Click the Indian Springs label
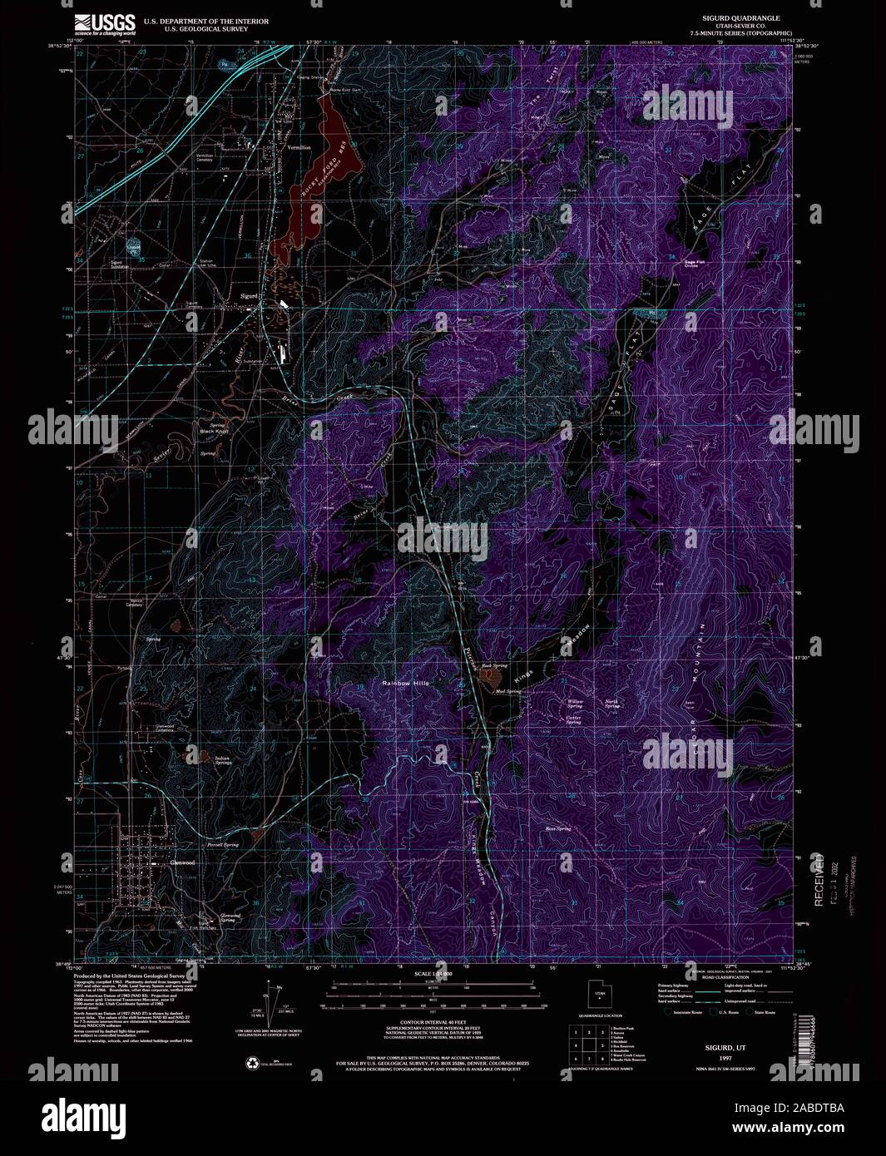coord(222,761)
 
